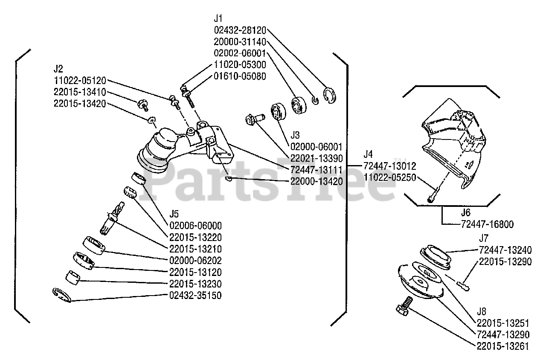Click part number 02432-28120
click(x=240, y=30)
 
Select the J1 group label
click(x=218, y=19)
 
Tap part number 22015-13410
click(x=80, y=92)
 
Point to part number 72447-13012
click(x=390, y=165)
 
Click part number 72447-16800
click(x=487, y=224)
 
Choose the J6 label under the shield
click(x=466, y=212)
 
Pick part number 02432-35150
click(x=195, y=295)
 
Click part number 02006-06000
click(x=195, y=226)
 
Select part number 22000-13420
click(x=317, y=181)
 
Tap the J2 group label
click(x=59, y=68)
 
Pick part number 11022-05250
click(x=390, y=177)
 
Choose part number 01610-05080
click(x=240, y=77)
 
